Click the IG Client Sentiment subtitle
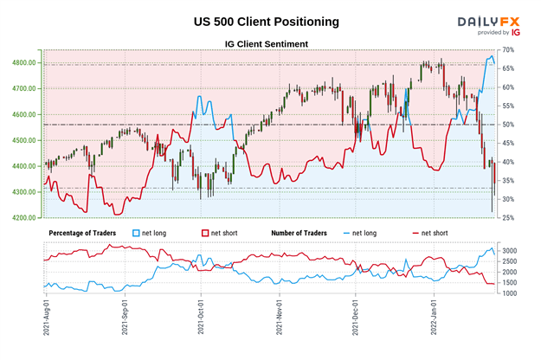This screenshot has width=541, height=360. (x=268, y=42)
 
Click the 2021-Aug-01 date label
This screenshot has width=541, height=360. (x=45, y=320)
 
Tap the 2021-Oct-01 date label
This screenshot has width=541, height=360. (x=201, y=320)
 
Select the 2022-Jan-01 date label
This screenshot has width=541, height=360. (x=433, y=320)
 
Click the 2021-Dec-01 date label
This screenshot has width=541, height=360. (x=356, y=320)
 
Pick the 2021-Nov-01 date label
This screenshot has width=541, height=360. (x=280, y=320)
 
